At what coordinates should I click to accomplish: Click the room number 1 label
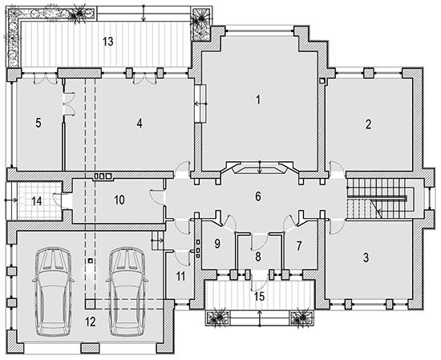[x=258, y=100]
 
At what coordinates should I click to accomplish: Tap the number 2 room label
[x=368, y=124]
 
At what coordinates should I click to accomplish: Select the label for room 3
[x=366, y=257]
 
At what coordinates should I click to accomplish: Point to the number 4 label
[x=140, y=123]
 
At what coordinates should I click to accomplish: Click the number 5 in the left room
[x=38, y=123]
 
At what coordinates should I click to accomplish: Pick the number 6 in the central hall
[x=258, y=196]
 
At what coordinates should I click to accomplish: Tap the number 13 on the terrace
[x=108, y=42]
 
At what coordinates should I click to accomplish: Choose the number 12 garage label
[x=91, y=322]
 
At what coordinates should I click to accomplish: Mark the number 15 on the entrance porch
[x=259, y=297]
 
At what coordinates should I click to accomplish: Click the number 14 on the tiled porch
[x=37, y=201]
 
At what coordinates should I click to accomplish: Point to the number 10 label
[x=119, y=200]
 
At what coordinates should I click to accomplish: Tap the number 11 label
[x=180, y=277]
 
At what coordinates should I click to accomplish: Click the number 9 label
[x=217, y=244]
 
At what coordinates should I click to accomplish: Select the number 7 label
[x=299, y=246]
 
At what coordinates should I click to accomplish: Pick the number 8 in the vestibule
[x=258, y=257]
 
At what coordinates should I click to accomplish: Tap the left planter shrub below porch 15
[x=217, y=318]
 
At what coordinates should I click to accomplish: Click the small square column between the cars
[x=90, y=261]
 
